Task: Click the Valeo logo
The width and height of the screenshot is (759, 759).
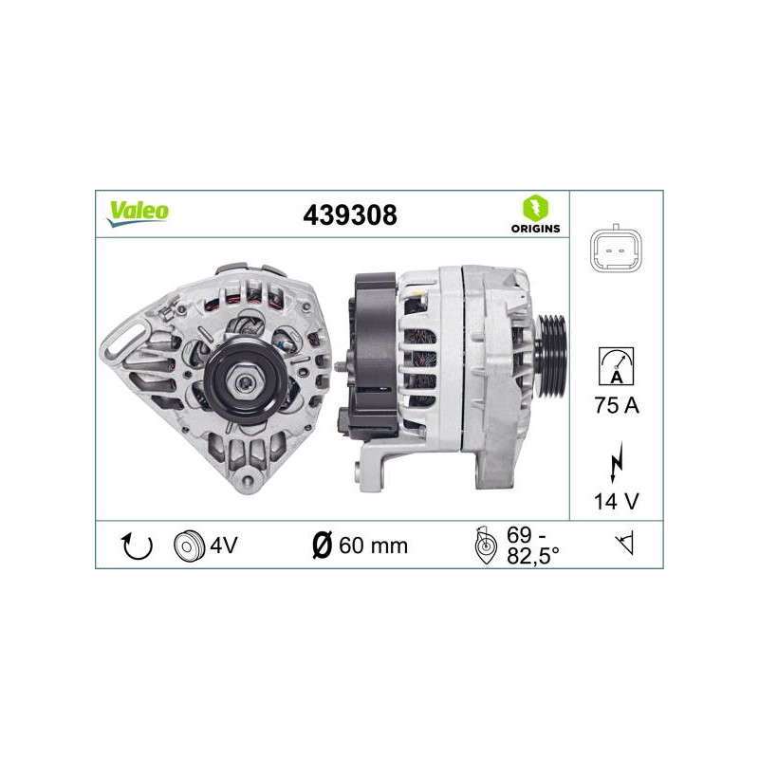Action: (x=138, y=213)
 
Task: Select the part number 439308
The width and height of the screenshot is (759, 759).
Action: (x=350, y=215)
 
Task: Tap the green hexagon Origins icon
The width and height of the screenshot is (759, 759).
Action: (x=535, y=208)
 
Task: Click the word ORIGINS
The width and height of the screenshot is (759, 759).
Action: (x=535, y=229)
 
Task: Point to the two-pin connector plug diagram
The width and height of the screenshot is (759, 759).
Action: (x=616, y=250)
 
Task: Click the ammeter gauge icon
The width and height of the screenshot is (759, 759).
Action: (x=616, y=366)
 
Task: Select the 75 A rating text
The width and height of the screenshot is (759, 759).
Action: (x=617, y=406)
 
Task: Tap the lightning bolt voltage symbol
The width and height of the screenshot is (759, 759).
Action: (x=616, y=462)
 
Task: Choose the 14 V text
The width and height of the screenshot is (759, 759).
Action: (x=616, y=502)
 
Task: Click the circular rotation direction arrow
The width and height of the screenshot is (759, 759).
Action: (x=137, y=546)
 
